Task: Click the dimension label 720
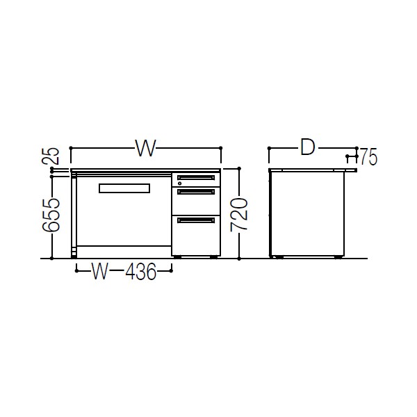point(238,213)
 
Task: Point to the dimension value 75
point(368,158)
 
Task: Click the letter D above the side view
point(308,148)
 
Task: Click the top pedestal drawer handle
point(196,178)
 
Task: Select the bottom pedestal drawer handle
point(196,220)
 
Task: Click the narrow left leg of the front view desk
point(73,215)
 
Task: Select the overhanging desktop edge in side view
point(352,169)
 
